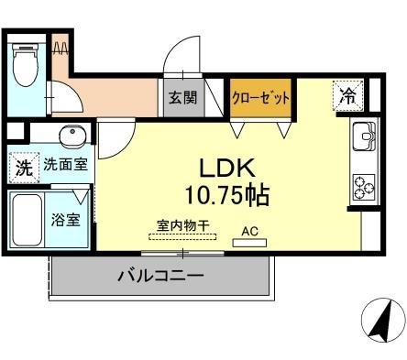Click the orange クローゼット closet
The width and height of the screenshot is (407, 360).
click(x=260, y=97)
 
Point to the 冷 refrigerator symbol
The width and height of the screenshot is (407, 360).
click(x=348, y=93)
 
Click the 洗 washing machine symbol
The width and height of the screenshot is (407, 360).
click(x=21, y=168)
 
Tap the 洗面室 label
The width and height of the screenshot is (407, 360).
click(x=61, y=167)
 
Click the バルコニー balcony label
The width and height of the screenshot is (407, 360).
click(x=159, y=275)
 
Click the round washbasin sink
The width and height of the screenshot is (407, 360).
click(x=71, y=137)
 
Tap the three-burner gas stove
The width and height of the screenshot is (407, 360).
click(x=364, y=186)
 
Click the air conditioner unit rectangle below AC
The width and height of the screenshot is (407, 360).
click(x=250, y=244)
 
